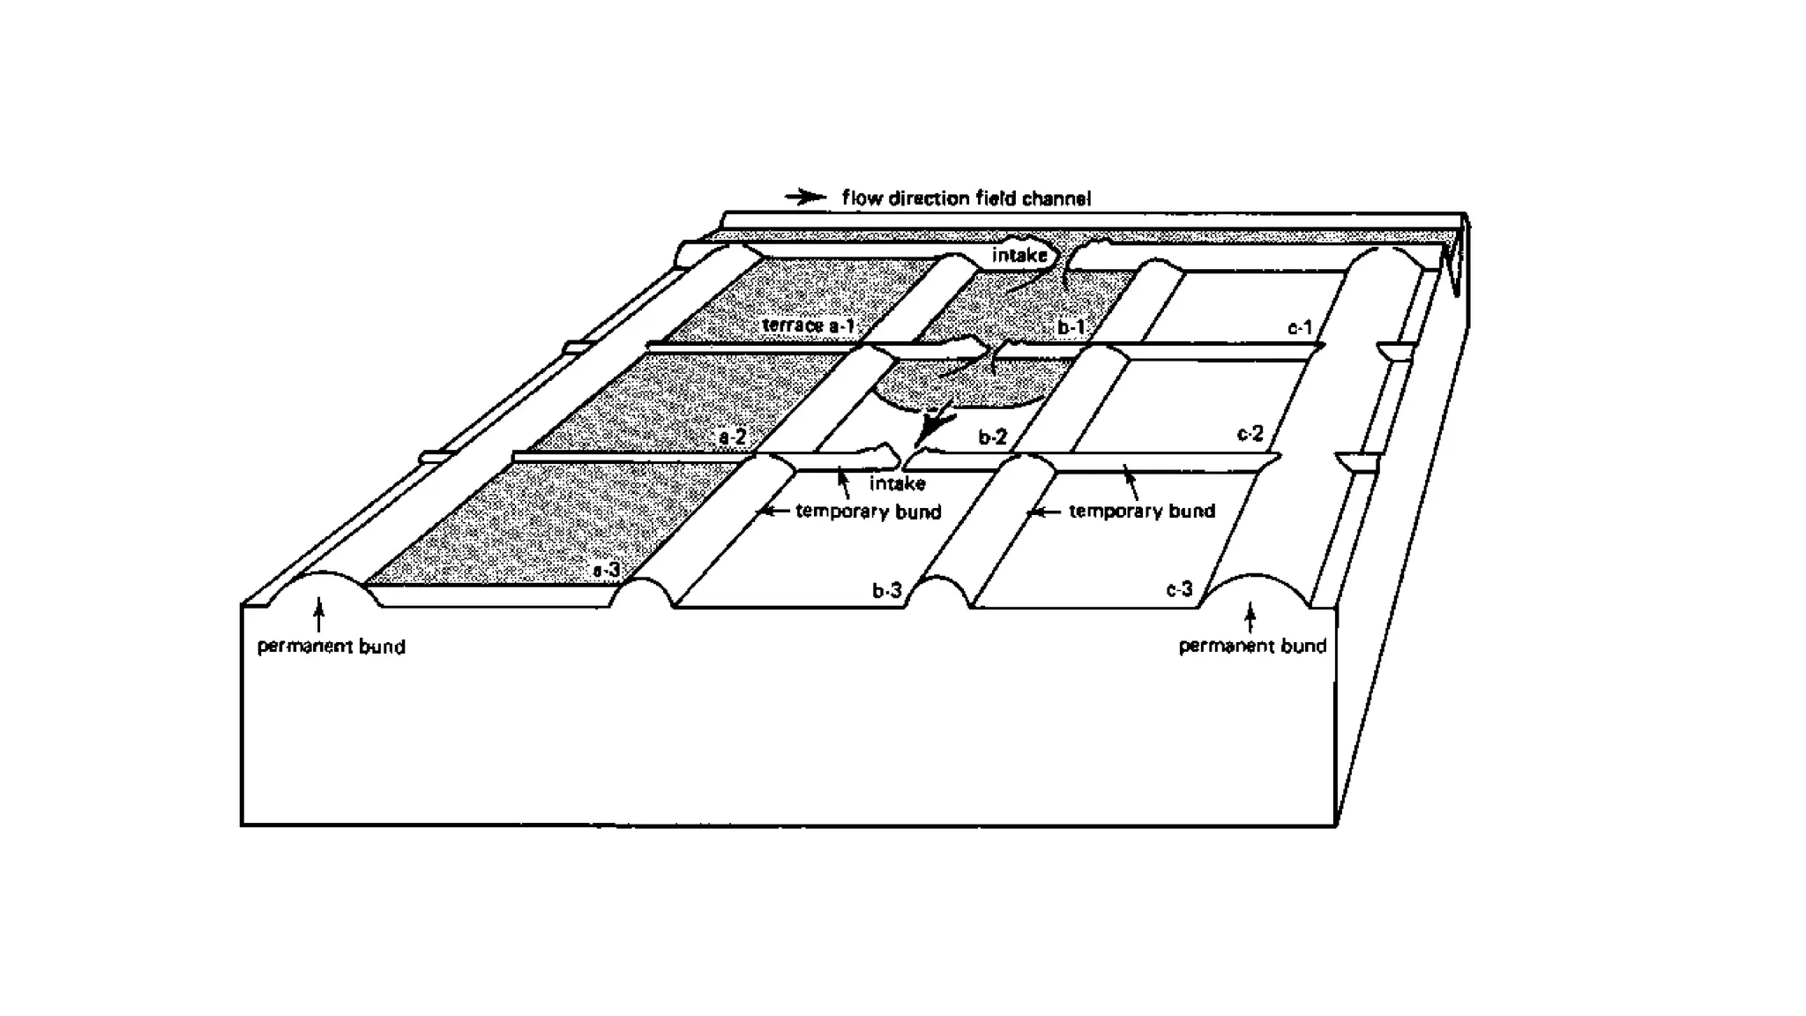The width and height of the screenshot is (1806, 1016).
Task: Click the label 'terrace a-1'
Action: [x=808, y=325]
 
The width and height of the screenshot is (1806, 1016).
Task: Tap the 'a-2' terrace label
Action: [x=733, y=437]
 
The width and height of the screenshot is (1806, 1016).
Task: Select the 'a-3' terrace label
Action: [x=606, y=571]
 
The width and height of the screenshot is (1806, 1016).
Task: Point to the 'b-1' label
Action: [x=1071, y=327]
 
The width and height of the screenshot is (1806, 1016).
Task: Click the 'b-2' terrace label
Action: [x=992, y=437]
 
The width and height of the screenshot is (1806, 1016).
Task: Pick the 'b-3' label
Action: [x=887, y=590]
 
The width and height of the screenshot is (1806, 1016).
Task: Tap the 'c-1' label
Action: [x=1300, y=328]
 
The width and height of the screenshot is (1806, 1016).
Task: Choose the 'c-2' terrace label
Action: [x=1250, y=433]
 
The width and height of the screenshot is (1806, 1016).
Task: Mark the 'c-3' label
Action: [x=1179, y=589]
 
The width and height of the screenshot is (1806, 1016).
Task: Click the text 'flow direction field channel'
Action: [x=966, y=198]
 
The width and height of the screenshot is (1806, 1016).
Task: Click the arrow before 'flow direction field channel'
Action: [x=805, y=198]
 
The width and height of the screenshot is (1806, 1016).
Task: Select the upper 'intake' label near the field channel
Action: [x=1019, y=255]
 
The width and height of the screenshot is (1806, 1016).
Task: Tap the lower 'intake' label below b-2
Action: [x=897, y=483]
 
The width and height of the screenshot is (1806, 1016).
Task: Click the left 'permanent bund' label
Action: [x=331, y=646]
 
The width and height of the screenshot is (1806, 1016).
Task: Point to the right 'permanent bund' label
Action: [x=1252, y=646]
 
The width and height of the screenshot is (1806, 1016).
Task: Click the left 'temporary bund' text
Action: [x=868, y=512]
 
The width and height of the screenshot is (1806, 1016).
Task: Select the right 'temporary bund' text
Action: [x=1142, y=511]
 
